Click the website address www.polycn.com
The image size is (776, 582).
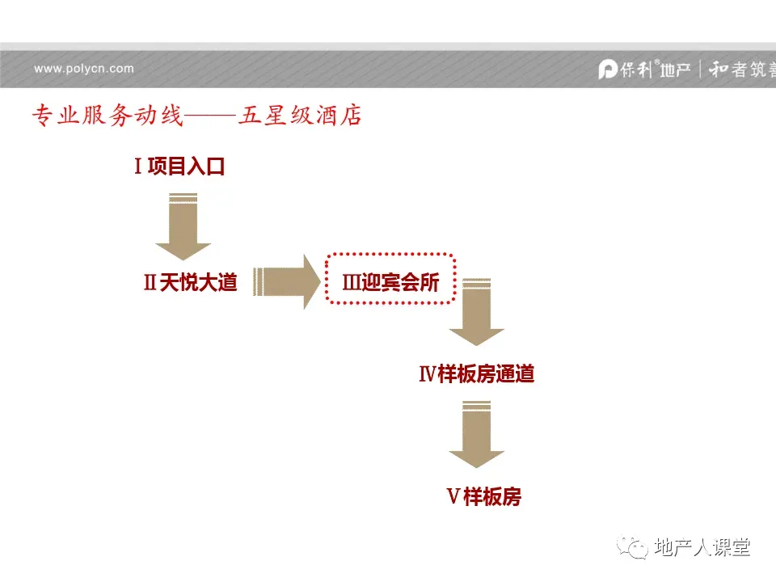[84, 69]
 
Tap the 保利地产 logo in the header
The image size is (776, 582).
[644, 70]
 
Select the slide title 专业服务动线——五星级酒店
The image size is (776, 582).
[196, 116]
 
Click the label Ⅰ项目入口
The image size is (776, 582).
[179, 167]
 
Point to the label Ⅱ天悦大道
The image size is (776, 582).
[190, 283]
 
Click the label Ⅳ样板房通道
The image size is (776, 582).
[476, 374]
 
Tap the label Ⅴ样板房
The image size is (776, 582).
[483, 496]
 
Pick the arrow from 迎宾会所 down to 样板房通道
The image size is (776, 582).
[476, 312]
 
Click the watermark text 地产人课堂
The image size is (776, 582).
[702, 547]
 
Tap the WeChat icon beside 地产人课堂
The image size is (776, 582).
[634, 548]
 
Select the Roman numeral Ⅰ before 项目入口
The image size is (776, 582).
[139, 167]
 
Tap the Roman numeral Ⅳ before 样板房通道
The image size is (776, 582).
[428, 374]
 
